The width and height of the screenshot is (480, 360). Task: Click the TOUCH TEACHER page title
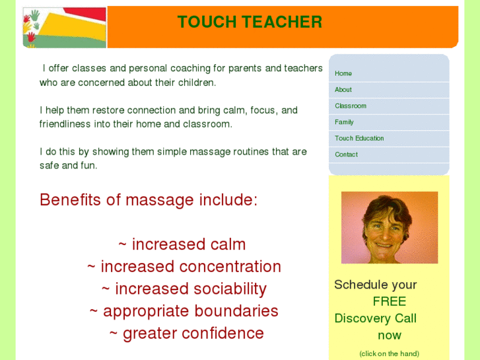tap(250, 22)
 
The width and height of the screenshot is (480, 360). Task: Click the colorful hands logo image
tap(64, 27)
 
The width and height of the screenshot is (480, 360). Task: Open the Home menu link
tap(343, 73)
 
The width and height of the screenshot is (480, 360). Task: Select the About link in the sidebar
tap(343, 90)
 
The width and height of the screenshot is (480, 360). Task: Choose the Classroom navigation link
tap(351, 106)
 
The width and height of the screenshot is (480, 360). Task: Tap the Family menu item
tap(344, 122)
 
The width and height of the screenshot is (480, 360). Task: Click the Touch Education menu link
tap(359, 138)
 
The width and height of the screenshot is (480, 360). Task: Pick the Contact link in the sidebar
tap(346, 155)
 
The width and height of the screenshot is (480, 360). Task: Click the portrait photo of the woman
tap(389, 227)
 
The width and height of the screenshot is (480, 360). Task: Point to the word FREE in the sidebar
tap(389, 301)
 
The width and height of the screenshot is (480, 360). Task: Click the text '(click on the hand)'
tap(389, 353)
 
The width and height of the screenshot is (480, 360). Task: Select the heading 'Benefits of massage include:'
tap(149, 199)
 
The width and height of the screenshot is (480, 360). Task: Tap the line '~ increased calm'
tap(182, 244)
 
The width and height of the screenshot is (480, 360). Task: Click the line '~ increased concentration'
tap(184, 267)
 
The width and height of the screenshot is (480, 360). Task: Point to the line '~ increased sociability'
tap(184, 289)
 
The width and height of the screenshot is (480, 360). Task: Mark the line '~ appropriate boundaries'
tap(184, 311)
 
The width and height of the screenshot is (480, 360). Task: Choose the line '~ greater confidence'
tap(187, 334)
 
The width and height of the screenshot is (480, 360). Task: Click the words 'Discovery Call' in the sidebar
tap(375, 318)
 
